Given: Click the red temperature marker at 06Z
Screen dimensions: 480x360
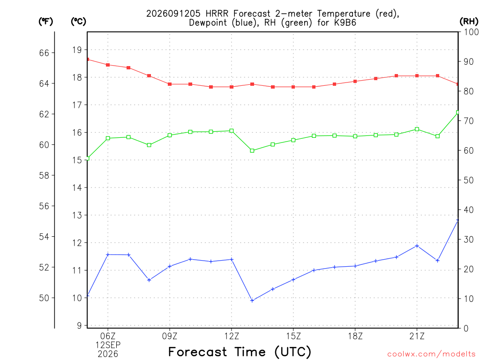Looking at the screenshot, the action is click(108, 65).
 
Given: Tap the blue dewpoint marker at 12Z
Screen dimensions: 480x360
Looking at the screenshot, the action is click(232, 260).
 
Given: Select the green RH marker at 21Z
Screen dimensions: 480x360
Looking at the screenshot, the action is click(417, 129).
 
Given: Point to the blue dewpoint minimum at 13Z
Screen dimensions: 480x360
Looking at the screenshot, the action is click(252, 300).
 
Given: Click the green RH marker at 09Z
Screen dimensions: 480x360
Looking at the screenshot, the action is click(170, 135).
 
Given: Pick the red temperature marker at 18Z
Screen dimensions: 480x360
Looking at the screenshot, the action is click(355, 82).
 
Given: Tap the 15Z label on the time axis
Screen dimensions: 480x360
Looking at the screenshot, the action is click(293, 337).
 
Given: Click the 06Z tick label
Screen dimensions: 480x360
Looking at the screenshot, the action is click(108, 337).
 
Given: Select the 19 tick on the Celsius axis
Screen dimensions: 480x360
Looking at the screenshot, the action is click(77, 50).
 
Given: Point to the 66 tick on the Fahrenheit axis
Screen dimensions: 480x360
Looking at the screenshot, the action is click(44, 53).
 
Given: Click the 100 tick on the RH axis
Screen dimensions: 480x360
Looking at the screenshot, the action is click(471, 32).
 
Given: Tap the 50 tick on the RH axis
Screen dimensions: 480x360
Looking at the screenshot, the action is click(469, 180).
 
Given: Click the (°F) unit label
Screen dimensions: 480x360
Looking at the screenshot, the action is click(45, 22).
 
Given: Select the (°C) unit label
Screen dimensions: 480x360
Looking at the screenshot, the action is click(78, 22).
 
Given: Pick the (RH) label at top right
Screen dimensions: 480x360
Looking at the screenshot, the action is click(469, 22).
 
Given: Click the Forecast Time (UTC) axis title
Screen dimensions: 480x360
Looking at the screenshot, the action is click(240, 352).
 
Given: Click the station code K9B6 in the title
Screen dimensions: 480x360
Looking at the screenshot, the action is click(345, 23).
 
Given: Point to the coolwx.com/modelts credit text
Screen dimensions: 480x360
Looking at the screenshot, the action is click(431, 354).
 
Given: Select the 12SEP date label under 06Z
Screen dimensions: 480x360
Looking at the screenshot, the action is click(108, 345).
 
